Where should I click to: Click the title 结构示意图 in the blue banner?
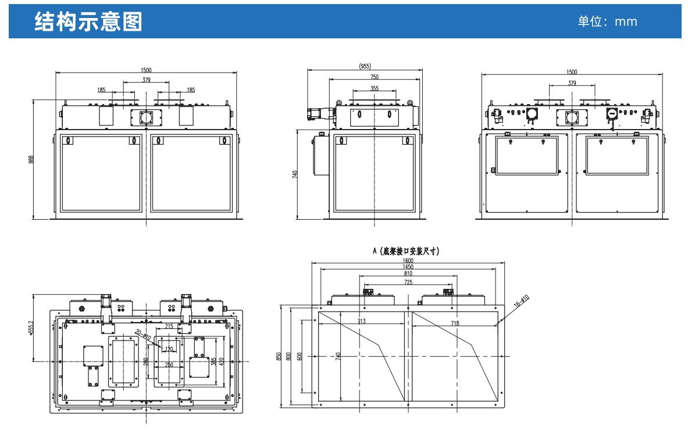(x=88, y=22)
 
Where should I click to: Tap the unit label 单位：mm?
(x=607, y=22)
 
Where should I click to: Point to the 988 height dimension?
(x=31, y=159)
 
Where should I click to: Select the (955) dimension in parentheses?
(x=364, y=66)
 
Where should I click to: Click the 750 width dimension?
(x=374, y=77)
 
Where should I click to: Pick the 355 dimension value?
(x=374, y=88)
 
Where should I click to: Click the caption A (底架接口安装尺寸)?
(x=405, y=252)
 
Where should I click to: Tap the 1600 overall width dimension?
(x=409, y=260)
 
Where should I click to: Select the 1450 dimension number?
(x=408, y=267)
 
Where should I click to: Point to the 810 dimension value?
(x=408, y=274)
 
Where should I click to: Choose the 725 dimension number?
(x=408, y=282)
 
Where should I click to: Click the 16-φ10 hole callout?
(x=522, y=300)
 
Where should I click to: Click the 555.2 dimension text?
(x=31, y=329)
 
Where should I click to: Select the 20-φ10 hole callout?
(x=142, y=335)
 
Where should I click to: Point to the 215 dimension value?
(x=169, y=326)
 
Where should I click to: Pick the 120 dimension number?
(x=169, y=349)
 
